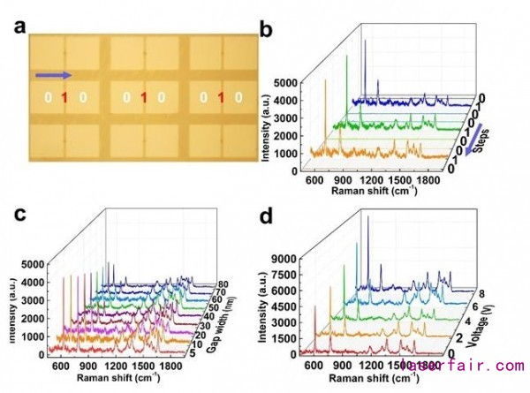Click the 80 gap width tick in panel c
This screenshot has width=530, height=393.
tap(225, 285)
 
